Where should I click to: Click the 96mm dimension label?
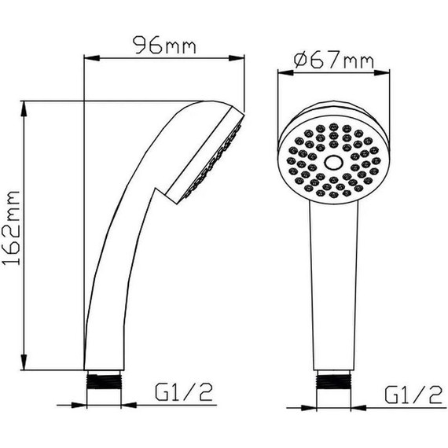coord(164,45)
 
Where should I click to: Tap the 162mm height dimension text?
coord(11,228)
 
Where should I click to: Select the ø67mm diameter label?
coord(333,60)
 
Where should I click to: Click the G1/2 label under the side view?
coord(184,392)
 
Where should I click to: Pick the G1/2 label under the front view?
coord(413,395)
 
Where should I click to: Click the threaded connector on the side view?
coord(104,380)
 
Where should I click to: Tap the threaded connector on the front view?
coord(333,380)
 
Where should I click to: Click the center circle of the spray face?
coord(333,163)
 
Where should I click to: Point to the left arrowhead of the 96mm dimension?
coord(91,58)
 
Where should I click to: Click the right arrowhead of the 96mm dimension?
coord(237,58)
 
